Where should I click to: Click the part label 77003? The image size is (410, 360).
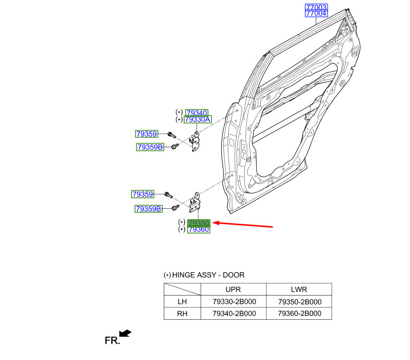pos(316,7)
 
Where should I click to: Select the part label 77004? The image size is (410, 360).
pos(316,13)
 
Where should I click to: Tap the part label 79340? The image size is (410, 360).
pos(197,113)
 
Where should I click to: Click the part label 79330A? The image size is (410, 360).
pos(198,120)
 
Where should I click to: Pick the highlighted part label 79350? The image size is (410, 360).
pos(199,223)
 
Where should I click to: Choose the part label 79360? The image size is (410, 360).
pos(199,230)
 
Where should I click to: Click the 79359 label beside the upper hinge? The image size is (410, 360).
pos(146,134)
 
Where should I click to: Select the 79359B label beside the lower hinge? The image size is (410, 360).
pos(148,209)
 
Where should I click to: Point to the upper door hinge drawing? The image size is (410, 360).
pos(196,141)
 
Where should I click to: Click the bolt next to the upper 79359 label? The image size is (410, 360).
pos(171,135)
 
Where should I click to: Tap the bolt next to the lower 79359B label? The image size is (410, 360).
pos(175,207)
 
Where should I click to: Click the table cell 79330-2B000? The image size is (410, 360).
pos(234,302)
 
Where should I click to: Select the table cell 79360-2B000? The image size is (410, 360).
pos(299,313)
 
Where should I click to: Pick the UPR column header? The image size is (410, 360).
pos(233,290)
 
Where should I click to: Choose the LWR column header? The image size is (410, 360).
pos(299,290)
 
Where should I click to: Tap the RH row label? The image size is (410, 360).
pos(182,313)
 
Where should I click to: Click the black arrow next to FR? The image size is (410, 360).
pos(125,333)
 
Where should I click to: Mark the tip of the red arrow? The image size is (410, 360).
pos(212,223)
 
